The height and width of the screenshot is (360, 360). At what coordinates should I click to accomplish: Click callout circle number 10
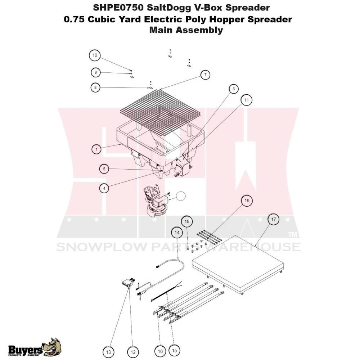(95, 55)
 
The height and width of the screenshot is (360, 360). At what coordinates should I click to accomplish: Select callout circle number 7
(205, 75)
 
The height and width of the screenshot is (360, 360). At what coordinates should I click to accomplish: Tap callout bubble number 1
(96, 149)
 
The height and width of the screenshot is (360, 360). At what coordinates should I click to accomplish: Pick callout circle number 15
(175, 350)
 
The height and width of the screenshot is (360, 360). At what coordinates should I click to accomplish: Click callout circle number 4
(104, 188)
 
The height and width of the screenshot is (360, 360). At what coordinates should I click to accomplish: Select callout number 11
(247, 100)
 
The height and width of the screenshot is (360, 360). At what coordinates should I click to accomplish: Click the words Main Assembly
(186, 30)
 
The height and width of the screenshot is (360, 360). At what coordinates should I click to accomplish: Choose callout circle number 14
(177, 233)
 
